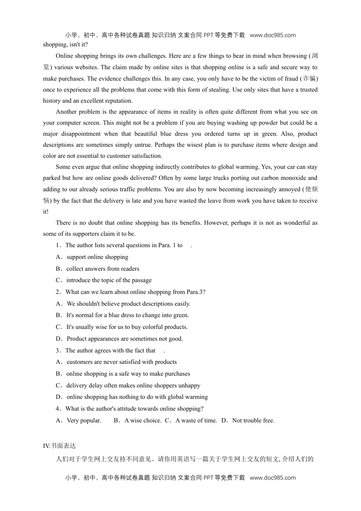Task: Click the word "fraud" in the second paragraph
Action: point(291,79)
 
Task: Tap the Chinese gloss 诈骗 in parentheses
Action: point(309,79)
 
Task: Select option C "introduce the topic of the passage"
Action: point(109,280)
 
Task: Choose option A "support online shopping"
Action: point(97,257)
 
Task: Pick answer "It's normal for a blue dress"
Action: point(127,315)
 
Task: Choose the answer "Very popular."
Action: point(84,421)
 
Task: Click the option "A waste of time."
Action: point(196,421)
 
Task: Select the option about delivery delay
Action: point(133,386)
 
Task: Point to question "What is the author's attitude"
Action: point(134,409)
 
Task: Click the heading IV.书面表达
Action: point(59,446)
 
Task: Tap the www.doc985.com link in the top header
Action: point(272,35)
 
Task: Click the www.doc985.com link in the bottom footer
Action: point(272,478)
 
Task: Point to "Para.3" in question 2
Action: point(195,292)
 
